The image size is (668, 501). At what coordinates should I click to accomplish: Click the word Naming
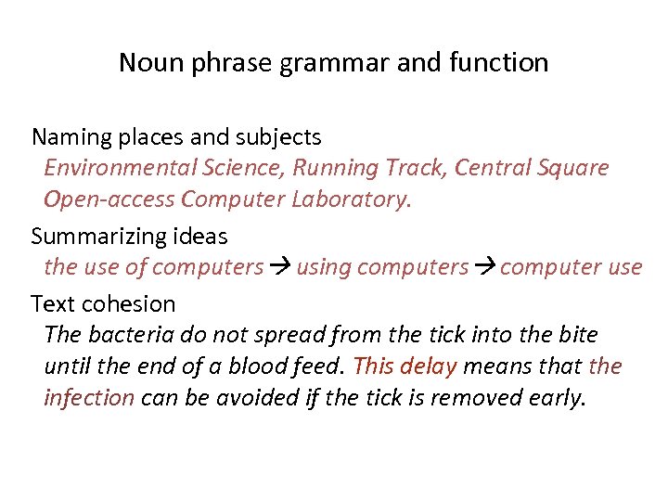71,138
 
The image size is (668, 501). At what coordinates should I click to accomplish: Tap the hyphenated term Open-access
110,199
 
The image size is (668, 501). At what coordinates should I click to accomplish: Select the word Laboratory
354,199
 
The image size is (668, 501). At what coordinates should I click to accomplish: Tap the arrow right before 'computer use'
485,267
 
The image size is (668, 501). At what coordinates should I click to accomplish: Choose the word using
324,267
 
